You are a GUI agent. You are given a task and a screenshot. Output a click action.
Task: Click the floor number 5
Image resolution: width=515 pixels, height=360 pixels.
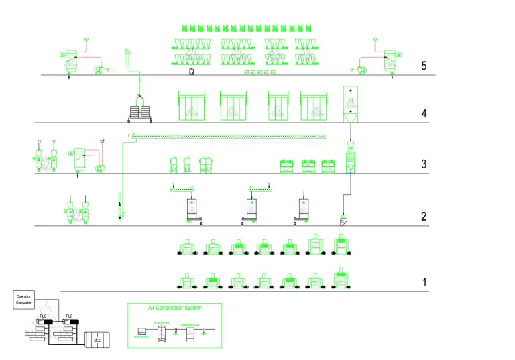(423, 66)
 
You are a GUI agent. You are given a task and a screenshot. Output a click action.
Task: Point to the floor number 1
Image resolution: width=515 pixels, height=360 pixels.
(424, 282)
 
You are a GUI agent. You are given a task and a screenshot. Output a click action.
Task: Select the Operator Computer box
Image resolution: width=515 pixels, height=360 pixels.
(24, 299)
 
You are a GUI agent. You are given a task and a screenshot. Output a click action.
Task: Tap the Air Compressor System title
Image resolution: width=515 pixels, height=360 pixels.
(174, 308)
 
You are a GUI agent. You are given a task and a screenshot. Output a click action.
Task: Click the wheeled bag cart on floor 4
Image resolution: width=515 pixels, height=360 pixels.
(139, 110)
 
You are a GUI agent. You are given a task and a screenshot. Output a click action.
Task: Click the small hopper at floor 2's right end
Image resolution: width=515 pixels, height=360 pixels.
(344, 221)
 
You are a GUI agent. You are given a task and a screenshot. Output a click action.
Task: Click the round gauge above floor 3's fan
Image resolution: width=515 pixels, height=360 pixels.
(102, 140)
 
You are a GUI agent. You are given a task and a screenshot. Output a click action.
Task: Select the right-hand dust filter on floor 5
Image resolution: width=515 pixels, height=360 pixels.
(388, 59)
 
